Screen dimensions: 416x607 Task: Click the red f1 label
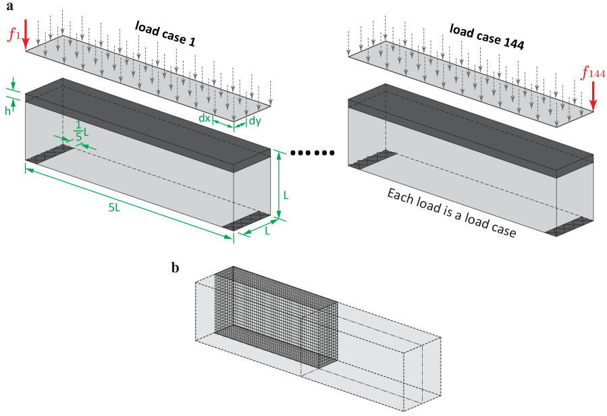(x=13, y=34)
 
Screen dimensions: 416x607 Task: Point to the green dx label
(x=204, y=118)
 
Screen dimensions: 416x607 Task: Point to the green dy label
(x=255, y=121)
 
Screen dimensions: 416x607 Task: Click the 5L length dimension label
(x=114, y=208)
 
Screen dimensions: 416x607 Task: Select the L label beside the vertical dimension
(x=286, y=195)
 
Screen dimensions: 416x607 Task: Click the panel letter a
(x=9, y=6)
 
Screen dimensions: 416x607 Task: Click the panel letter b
(x=175, y=268)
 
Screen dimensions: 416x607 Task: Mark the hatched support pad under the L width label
(x=250, y=222)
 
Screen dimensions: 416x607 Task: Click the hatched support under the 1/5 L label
(x=51, y=153)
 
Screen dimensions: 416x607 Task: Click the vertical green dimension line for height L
(x=278, y=186)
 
